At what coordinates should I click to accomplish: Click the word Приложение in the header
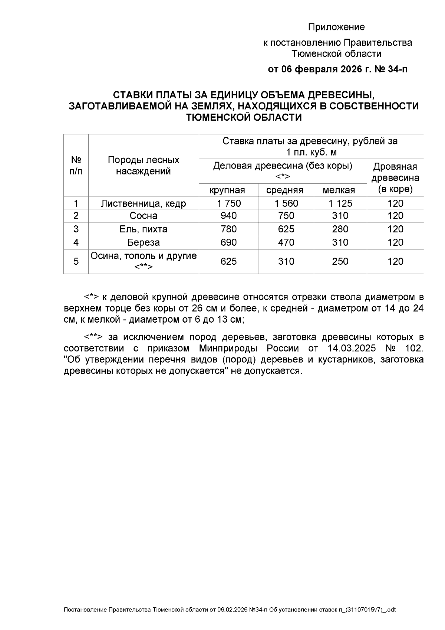pyautogui.click(x=336, y=27)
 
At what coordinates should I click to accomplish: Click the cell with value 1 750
pyautogui.click(x=229, y=203)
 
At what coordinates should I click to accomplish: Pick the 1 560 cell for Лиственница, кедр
pyautogui.click(x=286, y=203)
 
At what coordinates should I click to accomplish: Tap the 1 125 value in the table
pyautogui.click(x=340, y=203)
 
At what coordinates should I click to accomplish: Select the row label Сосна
pyautogui.click(x=144, y=216)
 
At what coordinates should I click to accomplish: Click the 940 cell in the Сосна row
pyautogui.click(x=229, y=216)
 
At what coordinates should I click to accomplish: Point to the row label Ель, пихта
pyautogui.click(x=144, y=229)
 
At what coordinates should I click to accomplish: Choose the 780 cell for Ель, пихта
pyautogui.click(x=229, y=229)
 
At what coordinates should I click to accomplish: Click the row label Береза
pyautogui.click(x=144, y=243)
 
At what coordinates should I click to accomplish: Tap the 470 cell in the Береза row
pyautogui.click(x=286, y=243)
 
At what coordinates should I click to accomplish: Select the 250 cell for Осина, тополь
pyautogui.click(x=340, y=261)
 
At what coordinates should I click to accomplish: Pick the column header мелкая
pyautogui.click(x=339, y=190)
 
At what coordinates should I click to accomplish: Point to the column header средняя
pyautogui.click(x=285, y=190)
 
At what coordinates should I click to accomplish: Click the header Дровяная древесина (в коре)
pyautogui.click(x=395, y=178)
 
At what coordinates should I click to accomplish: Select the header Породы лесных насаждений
pyautogui.click(x=144, y=166)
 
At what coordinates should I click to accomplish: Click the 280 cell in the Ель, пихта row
pyautogui.click(x=340, y=229)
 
